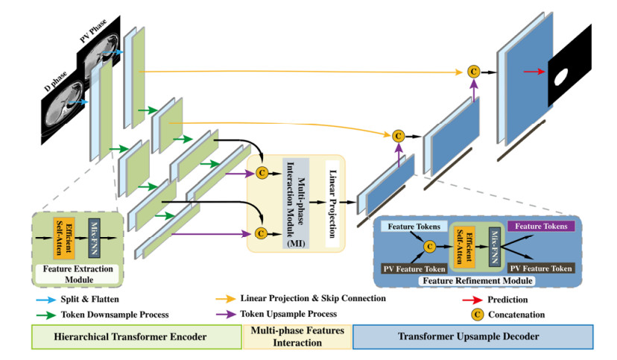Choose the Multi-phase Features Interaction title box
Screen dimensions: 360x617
coord(297,336)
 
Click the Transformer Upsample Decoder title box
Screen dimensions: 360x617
coord(472,336)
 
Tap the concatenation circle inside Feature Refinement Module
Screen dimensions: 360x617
coord(428,245)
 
